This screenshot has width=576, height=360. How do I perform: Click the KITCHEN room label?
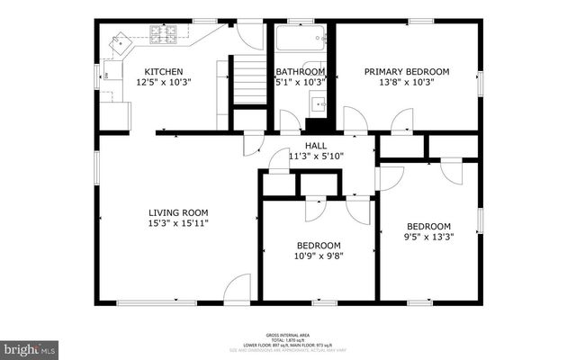(165, 71)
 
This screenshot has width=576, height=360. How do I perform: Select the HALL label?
(315, 144)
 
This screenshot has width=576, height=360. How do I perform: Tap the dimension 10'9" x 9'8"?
(319, 256)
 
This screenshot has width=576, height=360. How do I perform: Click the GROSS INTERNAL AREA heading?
(290, 332)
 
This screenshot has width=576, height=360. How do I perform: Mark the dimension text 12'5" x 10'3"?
(165, 82)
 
